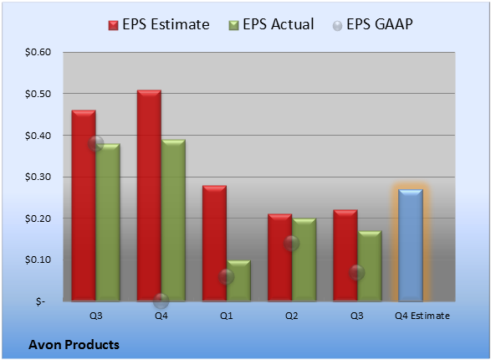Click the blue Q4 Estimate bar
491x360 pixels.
click(x=410, y=245)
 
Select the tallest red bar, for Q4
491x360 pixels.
click(x=149, y=196)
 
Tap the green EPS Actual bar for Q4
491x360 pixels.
click(x=173, y=220)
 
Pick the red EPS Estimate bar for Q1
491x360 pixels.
click(x=214, y=243)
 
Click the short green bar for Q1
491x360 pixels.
click(x=238, y=280)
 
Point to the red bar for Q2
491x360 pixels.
click(x=279, y=258)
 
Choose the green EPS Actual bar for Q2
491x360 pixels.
click(x=304, y=260)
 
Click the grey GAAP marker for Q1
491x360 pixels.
click(x=226, y=276)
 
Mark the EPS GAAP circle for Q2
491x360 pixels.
click(x=292, y=243)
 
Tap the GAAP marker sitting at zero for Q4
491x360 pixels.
click(x=161, y=301)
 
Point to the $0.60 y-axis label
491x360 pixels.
click(x=38, y=52)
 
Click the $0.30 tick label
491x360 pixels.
click(x=38, y=177)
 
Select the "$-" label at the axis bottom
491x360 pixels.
click(x=40, y=301)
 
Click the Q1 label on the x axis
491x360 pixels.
click(x=226, y=316)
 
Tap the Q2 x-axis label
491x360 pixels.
click(x=292, y=316)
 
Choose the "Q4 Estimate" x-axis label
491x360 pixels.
click(x=422, y=316)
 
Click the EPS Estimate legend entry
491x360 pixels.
click(x=159, y=24)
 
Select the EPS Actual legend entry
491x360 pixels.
click(x=271, y=24)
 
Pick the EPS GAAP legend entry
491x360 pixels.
click(x=372, y=24)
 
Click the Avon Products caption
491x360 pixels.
click(x=74, y=345)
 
